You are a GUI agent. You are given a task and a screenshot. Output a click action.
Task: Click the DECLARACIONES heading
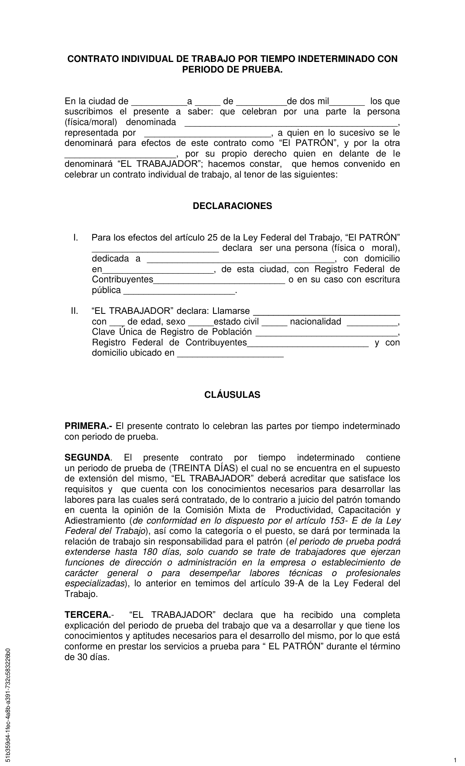pyautogui.click(x=232, y=206)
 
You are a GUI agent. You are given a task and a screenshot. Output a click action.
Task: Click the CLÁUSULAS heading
pyautogui.click(x=232, y=395)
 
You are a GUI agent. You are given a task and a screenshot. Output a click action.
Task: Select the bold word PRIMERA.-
pyautogui.click(x=89, y=426)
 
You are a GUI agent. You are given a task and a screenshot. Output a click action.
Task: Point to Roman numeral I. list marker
pyautogui.click(x=76, y=238)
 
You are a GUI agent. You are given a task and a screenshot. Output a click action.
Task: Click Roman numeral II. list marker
pyautogui.click(x=74, y=311)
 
